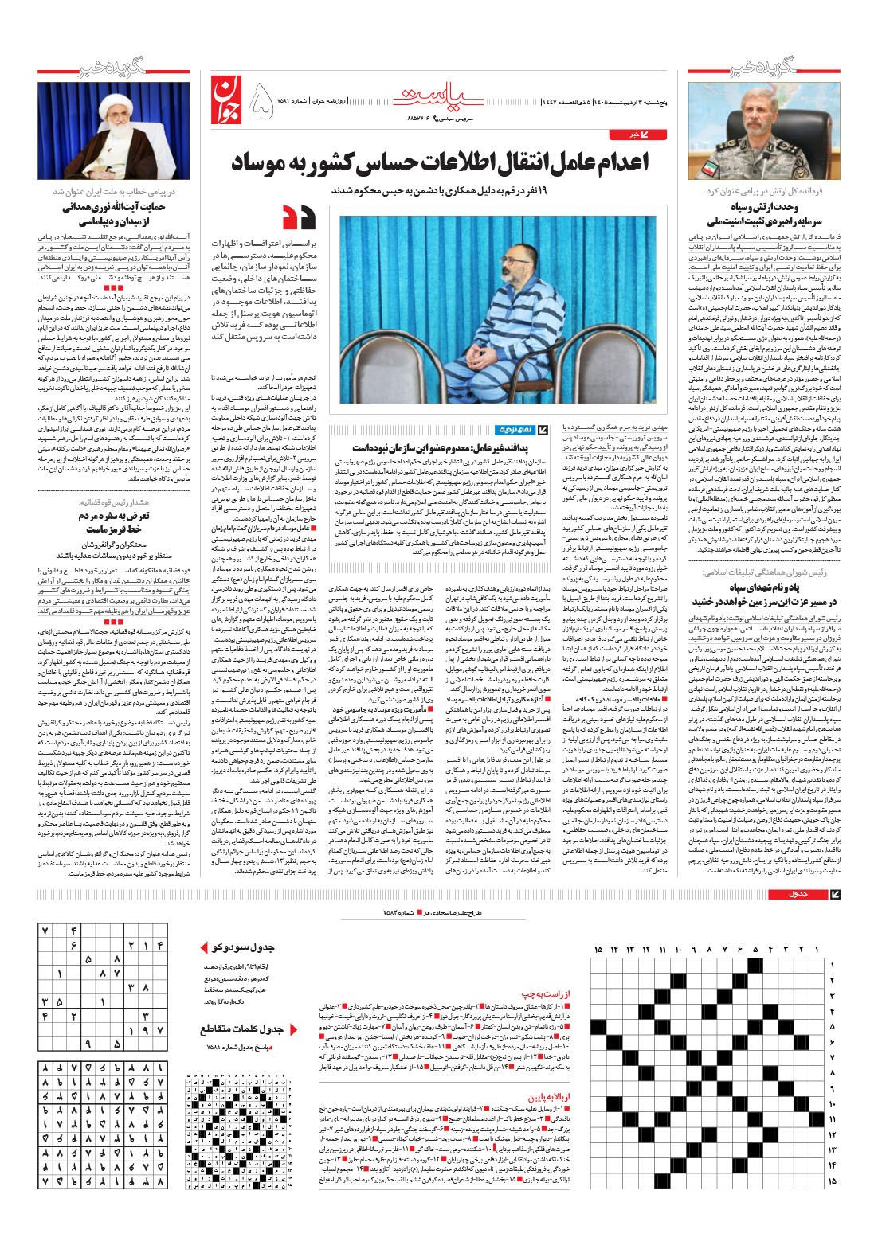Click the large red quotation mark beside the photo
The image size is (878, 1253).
point(300,217)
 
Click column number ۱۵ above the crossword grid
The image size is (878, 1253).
point(598,950)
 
